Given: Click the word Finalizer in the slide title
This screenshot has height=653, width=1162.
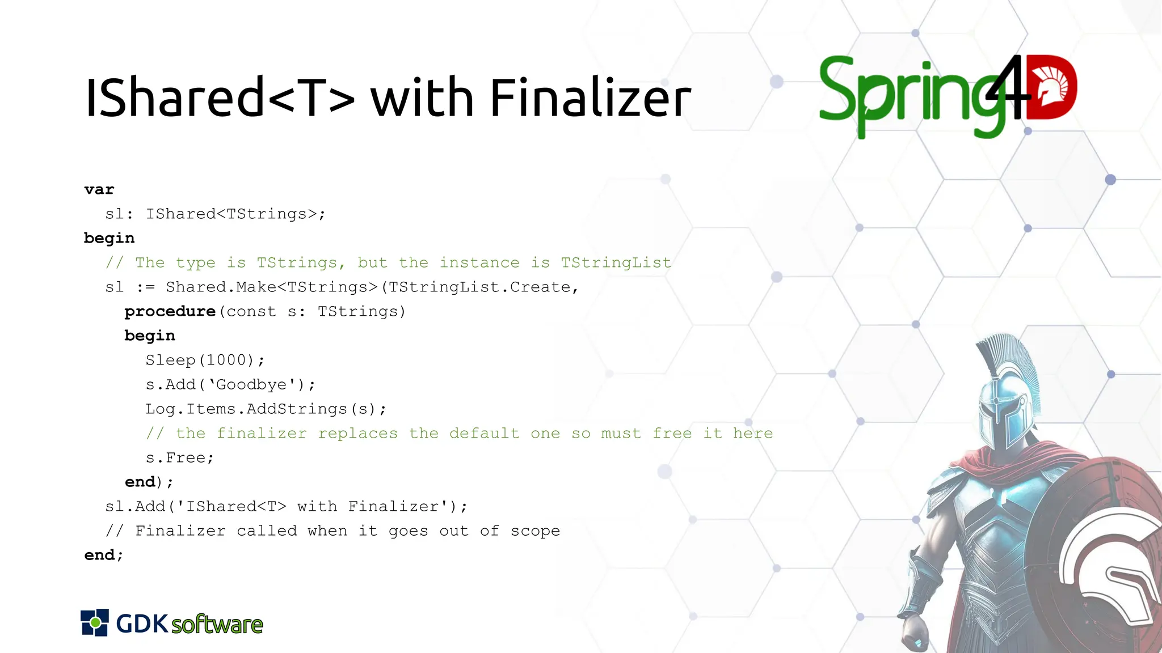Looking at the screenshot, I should [590, 99].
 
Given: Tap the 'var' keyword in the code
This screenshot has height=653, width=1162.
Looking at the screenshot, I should [99, 190].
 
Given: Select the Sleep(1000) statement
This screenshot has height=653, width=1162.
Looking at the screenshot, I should [204, 361].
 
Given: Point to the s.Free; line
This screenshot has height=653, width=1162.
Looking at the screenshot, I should [179, 458].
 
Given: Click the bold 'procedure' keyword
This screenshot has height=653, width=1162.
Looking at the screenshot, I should [170, 312].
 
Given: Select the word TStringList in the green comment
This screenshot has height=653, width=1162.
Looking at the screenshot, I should [616, 263].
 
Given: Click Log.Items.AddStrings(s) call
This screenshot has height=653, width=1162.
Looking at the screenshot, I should [266, 409].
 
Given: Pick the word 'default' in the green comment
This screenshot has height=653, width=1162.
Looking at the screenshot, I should [484, 434].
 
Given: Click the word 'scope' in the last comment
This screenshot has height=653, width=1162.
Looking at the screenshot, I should [535, 531].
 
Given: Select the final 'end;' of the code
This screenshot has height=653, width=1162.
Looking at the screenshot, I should [103, 556].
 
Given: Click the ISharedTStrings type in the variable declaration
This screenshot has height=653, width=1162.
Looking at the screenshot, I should [235, 214].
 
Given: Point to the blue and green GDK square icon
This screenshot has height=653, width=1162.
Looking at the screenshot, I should [94, 623].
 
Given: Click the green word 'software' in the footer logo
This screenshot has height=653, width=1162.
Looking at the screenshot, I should [217, 625].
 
